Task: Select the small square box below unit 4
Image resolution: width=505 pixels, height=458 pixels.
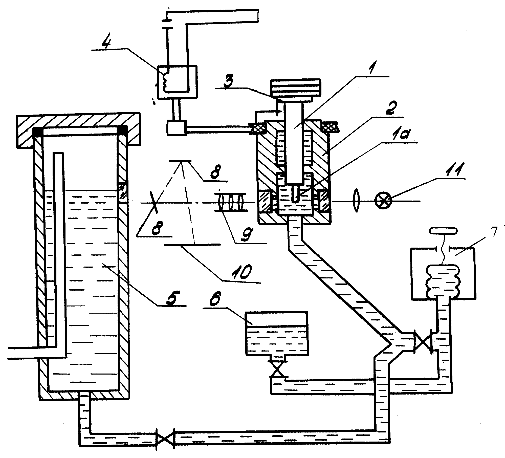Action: coord(177,129)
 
